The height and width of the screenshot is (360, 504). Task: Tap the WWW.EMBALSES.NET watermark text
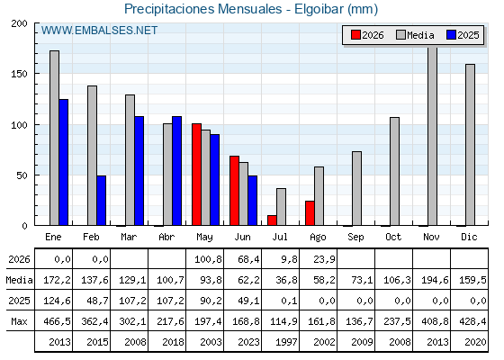tap(99, 31)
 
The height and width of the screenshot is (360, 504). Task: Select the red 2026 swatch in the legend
tap(355, 35)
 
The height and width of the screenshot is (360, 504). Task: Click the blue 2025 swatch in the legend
tap(451, 35)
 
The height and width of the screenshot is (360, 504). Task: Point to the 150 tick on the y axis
tap(19, 74)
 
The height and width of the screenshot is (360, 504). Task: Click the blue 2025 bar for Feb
tap(101, 200)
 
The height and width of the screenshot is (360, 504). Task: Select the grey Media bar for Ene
tap(54, 138)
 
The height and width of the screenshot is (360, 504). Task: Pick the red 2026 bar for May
tap(196, 175)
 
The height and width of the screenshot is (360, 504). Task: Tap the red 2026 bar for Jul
tap(272, 220)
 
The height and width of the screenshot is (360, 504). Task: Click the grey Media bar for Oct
tap(395, 171)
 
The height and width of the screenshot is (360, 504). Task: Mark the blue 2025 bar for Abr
tap(176, 171)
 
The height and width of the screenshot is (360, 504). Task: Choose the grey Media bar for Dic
tap(470, 145)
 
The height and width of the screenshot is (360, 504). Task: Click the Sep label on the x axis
tap(355, 238)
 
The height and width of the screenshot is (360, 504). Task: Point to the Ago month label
tap(318, 238)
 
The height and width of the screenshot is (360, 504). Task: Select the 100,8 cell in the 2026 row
tap(208, 259)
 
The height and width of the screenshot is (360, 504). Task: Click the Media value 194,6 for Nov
tap(435, 280)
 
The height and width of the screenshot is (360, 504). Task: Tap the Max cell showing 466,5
tap(57, 321)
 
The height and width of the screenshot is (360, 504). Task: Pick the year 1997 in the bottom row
tap(286, 342)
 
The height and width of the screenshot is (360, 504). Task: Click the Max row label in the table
tap(19, 321)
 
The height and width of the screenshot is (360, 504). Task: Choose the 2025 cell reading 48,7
tap(97, 301)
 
